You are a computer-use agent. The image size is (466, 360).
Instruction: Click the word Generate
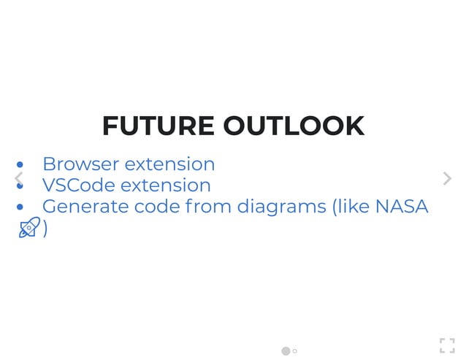click(x=85, y=207)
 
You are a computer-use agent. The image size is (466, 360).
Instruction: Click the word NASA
click(x=401, y=207)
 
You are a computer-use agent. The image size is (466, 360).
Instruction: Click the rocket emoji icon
click(x=29, y=228)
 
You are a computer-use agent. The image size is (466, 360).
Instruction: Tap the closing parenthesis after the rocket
click(x=45, y=229)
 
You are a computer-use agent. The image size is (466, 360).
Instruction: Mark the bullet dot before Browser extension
click(x=20, y=165)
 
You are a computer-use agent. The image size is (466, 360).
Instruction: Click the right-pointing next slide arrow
click(x=447, y=178)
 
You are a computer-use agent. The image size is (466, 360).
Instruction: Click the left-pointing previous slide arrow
click(x=18, y=178)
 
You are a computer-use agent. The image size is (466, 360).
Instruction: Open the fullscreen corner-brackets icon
click(x=447, y=345)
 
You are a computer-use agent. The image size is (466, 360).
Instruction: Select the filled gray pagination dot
click(x=286, y=351)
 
